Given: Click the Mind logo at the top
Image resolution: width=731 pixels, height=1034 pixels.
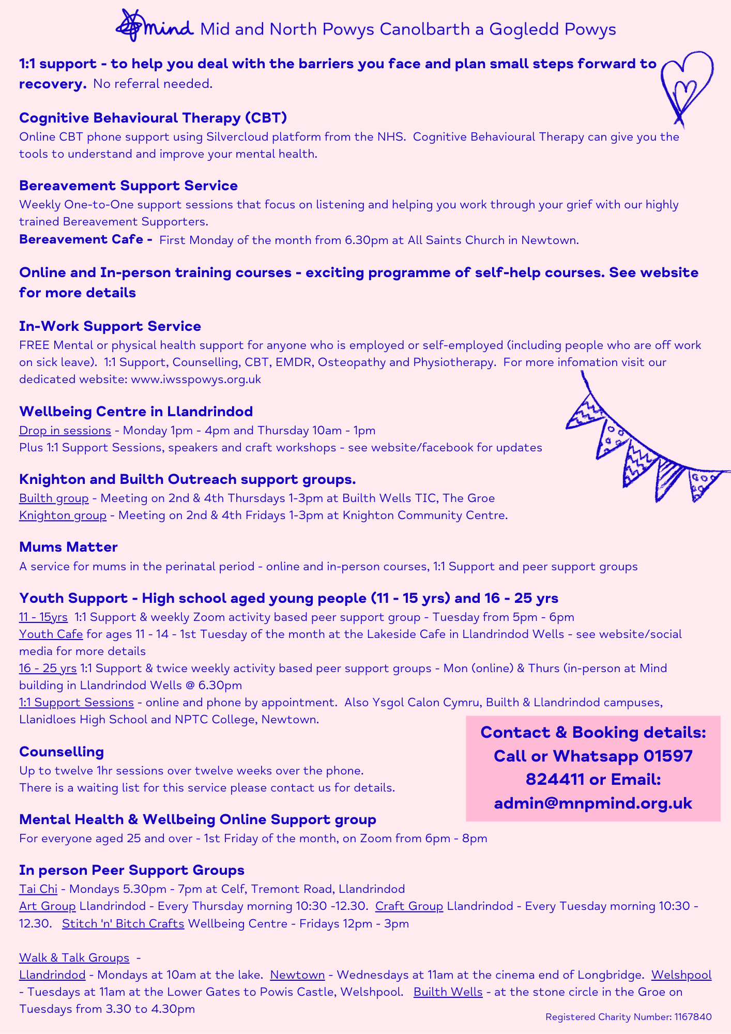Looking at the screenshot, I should pos(154,26).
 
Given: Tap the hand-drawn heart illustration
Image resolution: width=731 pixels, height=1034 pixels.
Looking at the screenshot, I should pos(686,85).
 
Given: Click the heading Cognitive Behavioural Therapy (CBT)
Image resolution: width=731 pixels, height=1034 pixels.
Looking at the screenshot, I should pos(153,118).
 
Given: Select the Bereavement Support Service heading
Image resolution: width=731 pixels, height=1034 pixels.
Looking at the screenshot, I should pos(128,186).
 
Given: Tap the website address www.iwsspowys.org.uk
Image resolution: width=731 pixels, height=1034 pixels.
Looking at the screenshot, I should pos(196,379).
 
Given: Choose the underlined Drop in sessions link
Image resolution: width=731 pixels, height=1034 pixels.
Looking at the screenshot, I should pos(65,430).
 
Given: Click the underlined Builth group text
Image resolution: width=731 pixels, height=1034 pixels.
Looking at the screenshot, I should pos(54,498).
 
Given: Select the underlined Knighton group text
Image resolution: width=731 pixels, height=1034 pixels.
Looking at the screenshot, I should pos(63,515).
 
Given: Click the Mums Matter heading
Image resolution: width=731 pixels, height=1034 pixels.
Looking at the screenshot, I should pos(68,547).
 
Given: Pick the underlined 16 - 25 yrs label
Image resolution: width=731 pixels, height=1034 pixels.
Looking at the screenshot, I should pos(48,668).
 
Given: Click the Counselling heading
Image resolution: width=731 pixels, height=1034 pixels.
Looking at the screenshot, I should pos(62,752).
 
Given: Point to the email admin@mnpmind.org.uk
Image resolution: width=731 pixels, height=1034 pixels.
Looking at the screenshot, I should pos(593,803).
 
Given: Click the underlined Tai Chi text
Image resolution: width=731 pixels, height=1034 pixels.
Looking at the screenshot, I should pos(38,889).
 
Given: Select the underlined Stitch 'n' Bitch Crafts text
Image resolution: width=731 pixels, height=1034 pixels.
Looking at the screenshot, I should pos(123,923).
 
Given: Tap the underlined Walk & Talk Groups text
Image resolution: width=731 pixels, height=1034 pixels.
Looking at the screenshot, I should pos(74,957).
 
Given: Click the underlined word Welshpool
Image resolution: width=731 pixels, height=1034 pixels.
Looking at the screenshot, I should pos(681,975).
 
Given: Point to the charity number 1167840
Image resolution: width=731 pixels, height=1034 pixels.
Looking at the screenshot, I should pos(693,1017).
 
